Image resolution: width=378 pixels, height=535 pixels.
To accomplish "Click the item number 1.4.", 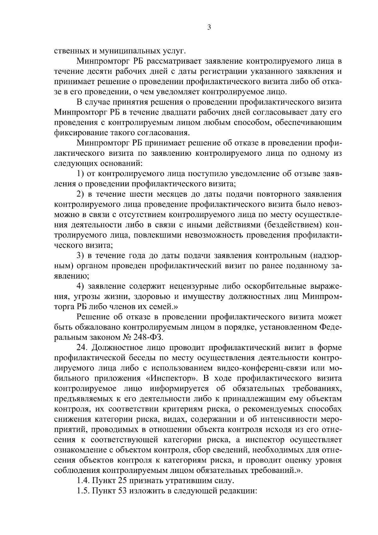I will click(83, 481).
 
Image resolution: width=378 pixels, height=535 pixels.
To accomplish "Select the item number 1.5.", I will click(83, 491).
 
